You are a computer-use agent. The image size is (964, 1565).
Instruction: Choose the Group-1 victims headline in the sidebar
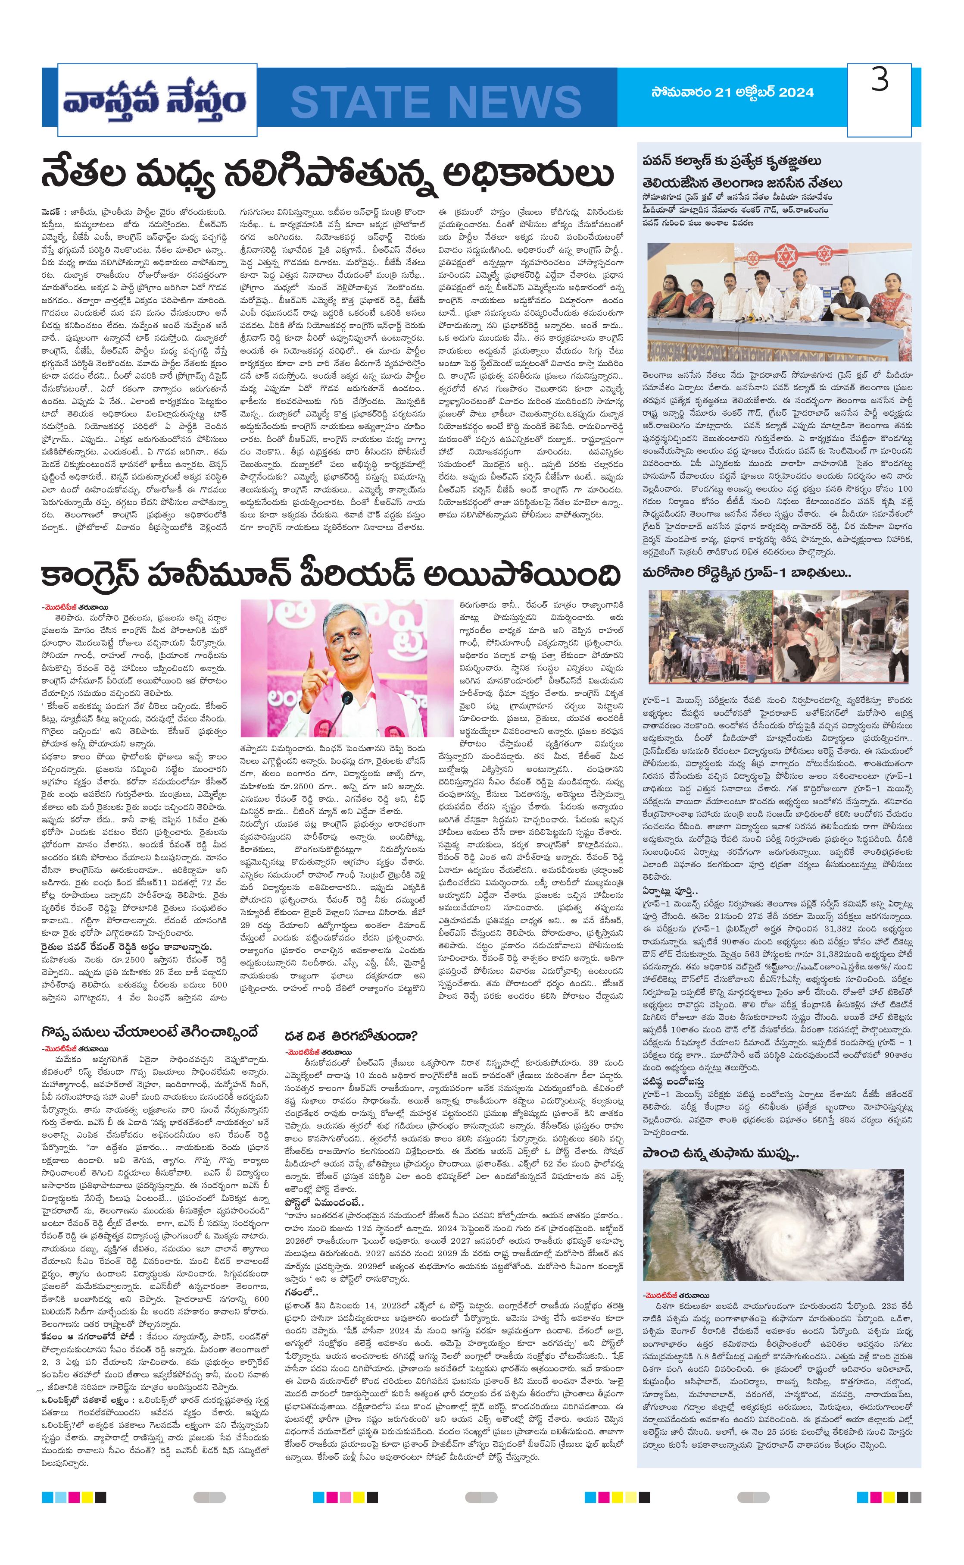click(x=746, y=573)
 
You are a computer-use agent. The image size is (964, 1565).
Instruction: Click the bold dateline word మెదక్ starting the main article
click(x=52, y=210)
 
